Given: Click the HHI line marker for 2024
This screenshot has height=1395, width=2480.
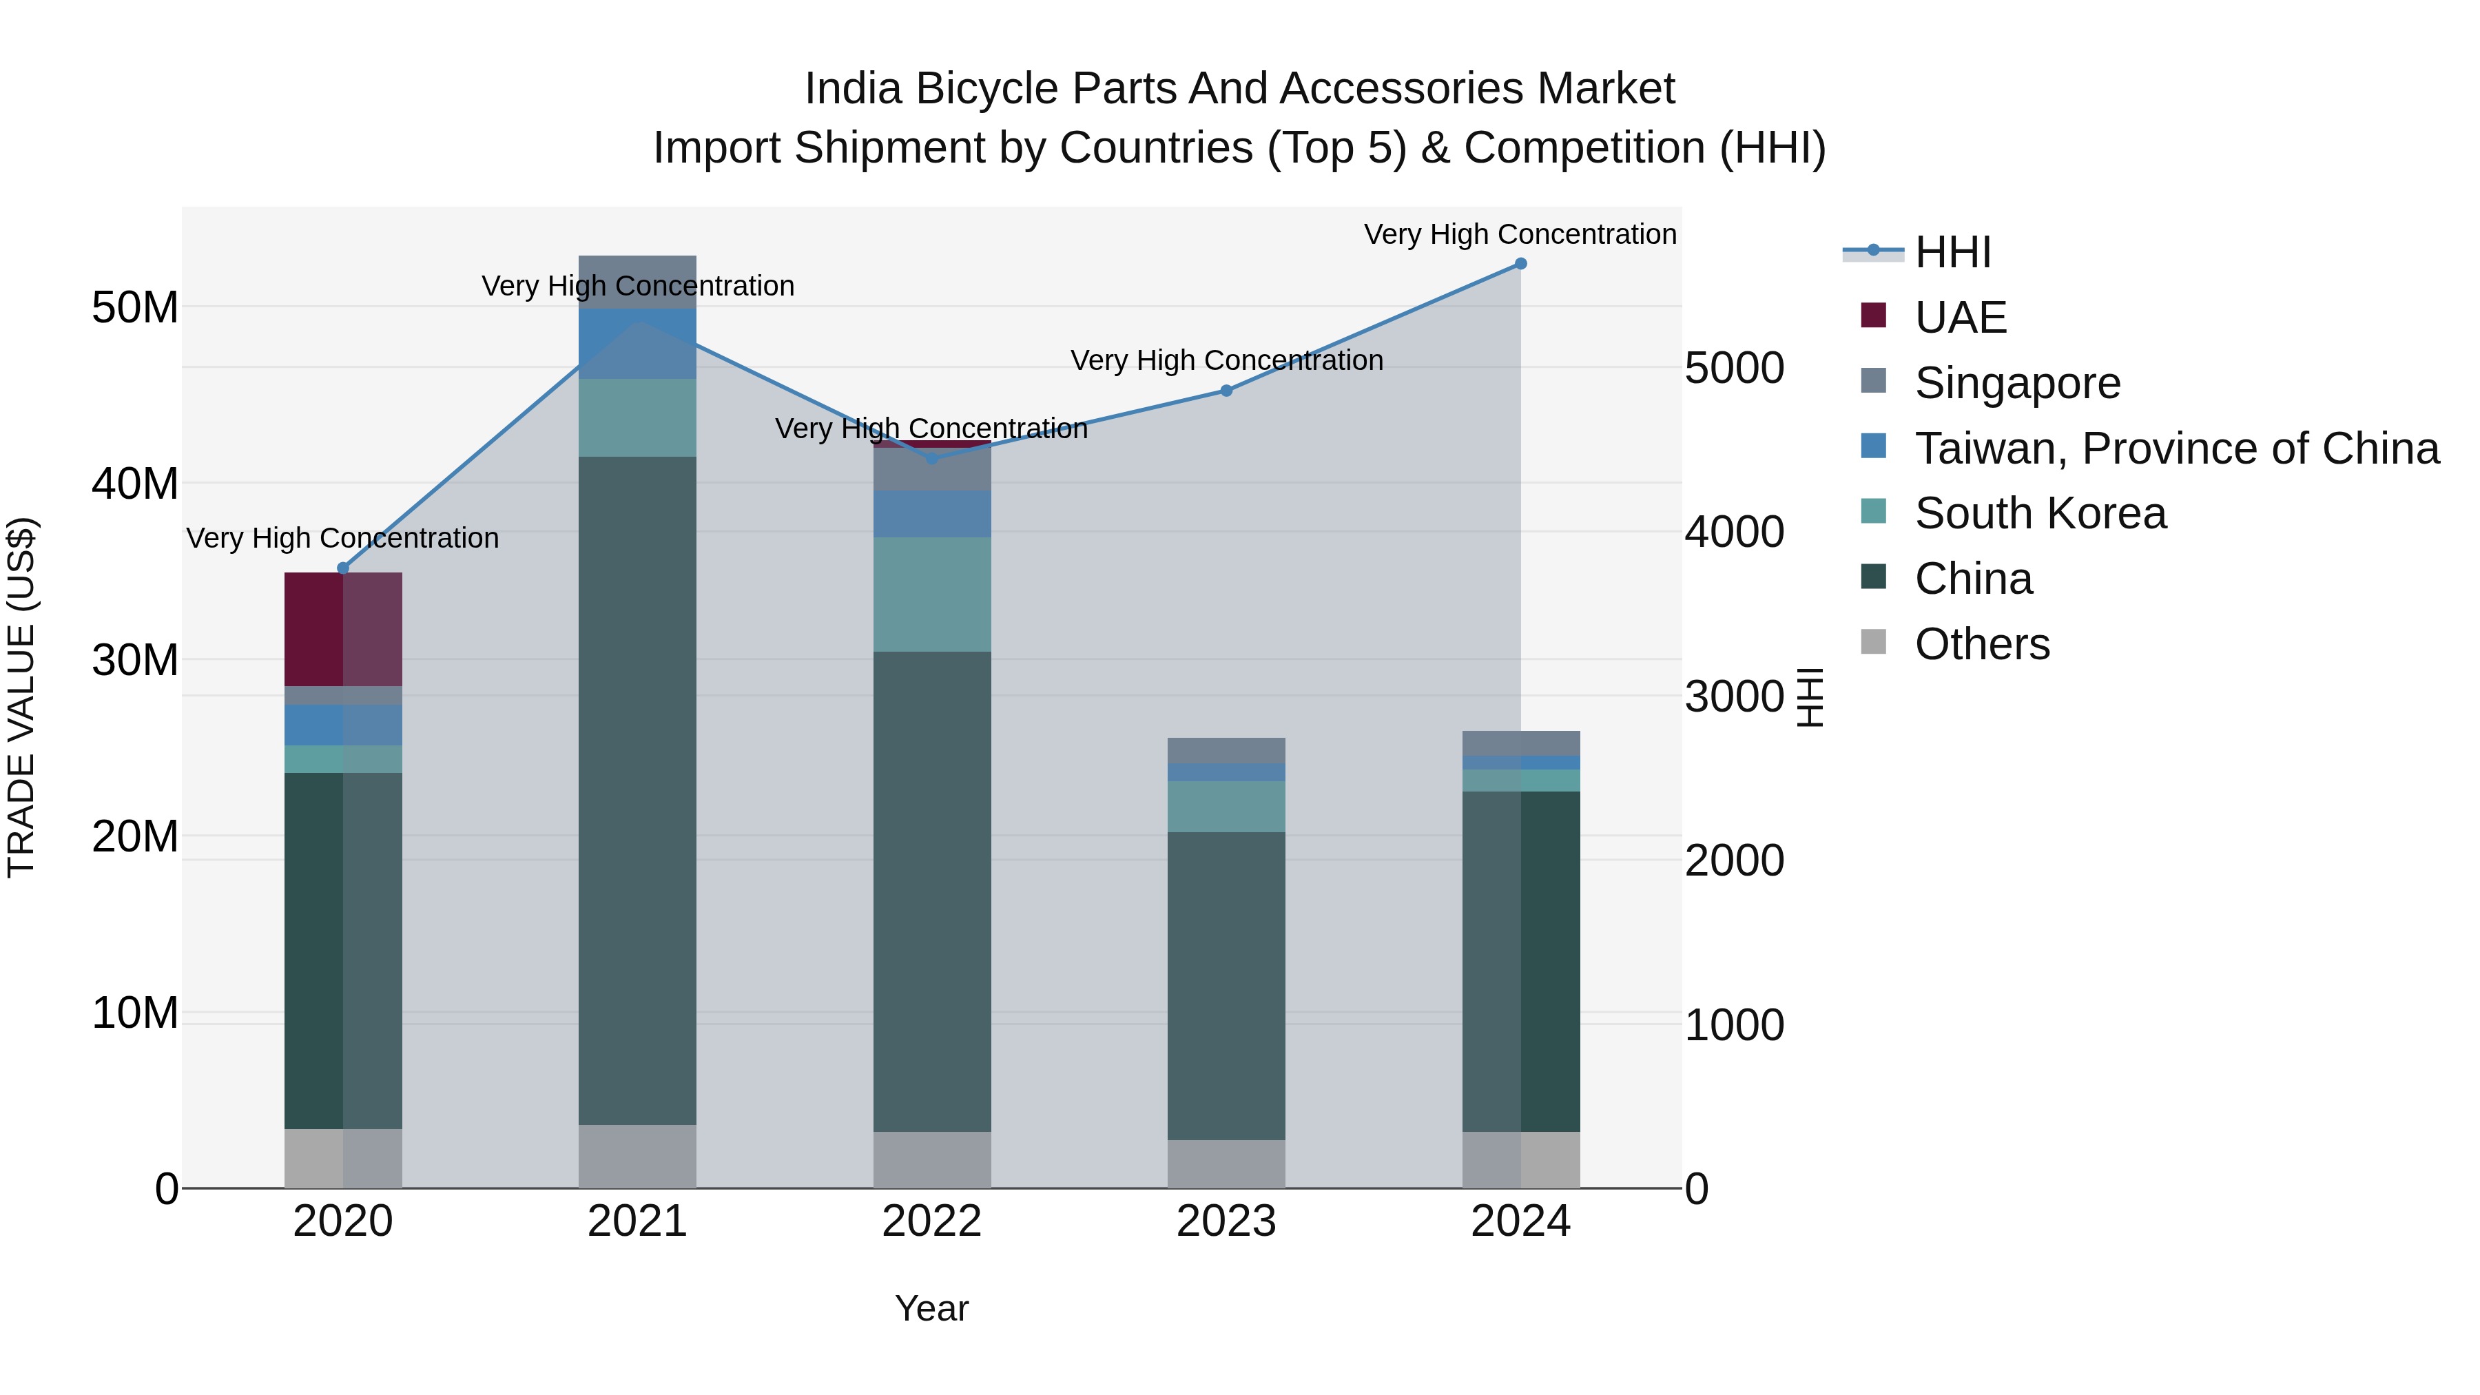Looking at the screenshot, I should [x=1520, y=263].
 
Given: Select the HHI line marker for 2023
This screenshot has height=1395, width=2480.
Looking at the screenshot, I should [x=1226, y=390].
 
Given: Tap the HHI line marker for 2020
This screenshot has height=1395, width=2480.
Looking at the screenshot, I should [x=343, y=568].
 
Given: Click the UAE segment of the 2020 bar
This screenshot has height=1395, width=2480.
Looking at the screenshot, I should [x=343, y=629].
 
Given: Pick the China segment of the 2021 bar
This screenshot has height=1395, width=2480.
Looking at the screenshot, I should [x=637, y=789].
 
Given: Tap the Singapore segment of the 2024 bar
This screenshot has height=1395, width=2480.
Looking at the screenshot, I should [x=1520, y=743].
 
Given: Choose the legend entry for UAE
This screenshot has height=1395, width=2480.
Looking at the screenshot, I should [x=1960, y=318].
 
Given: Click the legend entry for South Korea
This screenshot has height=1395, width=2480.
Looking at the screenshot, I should [x=2039, y=513].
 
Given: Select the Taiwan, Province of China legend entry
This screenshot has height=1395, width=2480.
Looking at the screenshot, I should [x=2176, y=448].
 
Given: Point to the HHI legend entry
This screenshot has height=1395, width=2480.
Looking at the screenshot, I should [x=1952, y=252].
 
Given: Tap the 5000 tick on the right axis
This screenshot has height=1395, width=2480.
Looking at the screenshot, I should [x=1734, y=368].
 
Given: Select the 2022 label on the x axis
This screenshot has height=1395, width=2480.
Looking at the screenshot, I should [x=931, y=1221].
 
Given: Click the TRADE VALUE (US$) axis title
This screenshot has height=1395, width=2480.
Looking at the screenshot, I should [x=21, y=697].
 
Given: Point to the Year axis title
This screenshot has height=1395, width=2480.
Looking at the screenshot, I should [x=931, y=1308].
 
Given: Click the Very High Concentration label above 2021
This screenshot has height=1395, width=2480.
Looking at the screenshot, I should [x=637, y=286].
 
